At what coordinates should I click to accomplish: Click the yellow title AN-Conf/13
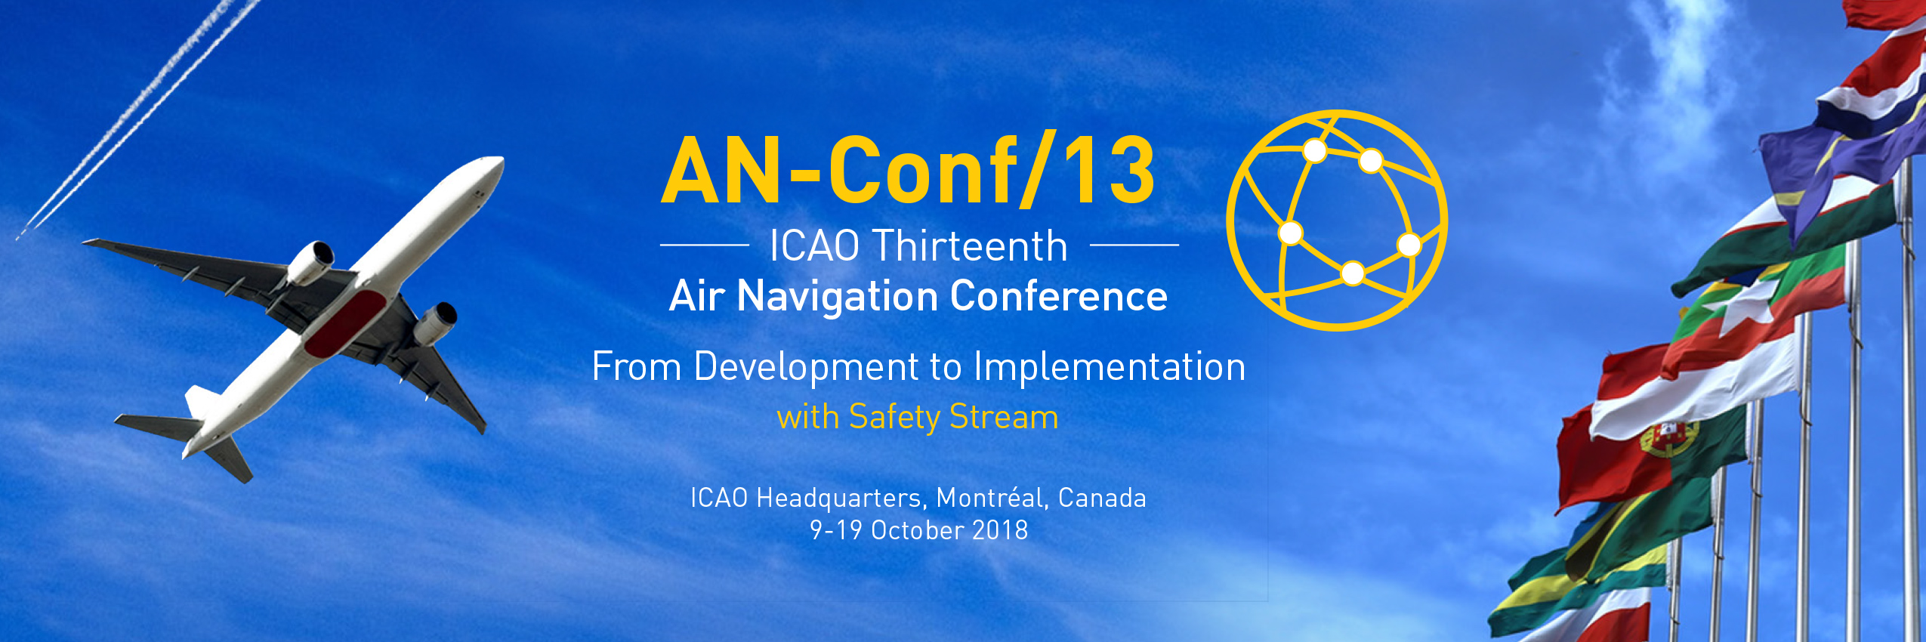pyautogui.click(x=908, y=172)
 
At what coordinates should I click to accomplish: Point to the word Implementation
pyautogui.click(x=1109, y=367)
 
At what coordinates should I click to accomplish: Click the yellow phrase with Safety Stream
pyautogui.click(x=917, y=417)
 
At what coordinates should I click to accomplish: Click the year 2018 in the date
pyautogui.click(x=1000, y=530)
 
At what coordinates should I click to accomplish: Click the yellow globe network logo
pyautogui.click(x=1337, y=221)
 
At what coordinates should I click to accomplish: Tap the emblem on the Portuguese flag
pyautogui.click(x=1670, y=438)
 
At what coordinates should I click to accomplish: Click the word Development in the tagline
pyautogui.click(x=805, y=367)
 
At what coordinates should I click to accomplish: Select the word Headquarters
pyautogui.click(x=838, y=498)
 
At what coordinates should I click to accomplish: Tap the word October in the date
pyautogui.click(x=917, y=530)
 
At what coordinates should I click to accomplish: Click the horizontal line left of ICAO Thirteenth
pyautogui.click(x=704, y=245)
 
